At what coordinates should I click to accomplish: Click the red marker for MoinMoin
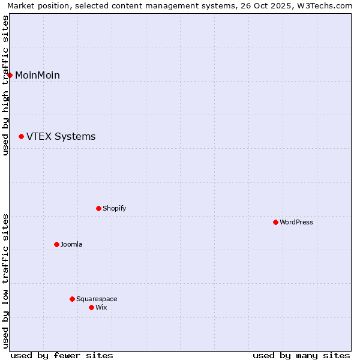10,75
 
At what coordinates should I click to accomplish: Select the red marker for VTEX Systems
22,137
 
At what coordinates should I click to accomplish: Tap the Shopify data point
99,208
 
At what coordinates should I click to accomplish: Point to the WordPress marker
276,222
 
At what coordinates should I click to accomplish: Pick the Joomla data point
57,244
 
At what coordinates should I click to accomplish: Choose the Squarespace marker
73,299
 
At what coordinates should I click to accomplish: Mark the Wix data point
92,307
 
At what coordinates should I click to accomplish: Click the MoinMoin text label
37,75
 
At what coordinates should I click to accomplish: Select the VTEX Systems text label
61,137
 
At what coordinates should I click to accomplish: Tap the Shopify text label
114,208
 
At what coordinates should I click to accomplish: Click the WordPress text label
296,222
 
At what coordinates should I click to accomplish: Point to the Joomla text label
71,244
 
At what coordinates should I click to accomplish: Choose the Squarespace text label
97,299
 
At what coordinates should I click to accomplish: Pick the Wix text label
101,307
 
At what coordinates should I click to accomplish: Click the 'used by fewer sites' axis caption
62,355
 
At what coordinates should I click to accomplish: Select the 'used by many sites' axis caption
301,355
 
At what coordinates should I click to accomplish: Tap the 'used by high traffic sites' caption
5,85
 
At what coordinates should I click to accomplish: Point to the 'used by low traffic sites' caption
5,281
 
